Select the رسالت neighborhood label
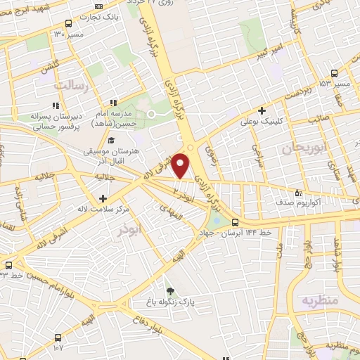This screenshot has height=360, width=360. pyautogui.click(x=70, y=84)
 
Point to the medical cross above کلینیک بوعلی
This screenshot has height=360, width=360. pyautogui.click(x=262, y=110)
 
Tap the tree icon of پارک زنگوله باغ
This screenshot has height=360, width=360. pyautogui.click(x=169, y=291)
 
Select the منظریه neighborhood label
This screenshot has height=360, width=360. pyautogui.click(x=321, y=300)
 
